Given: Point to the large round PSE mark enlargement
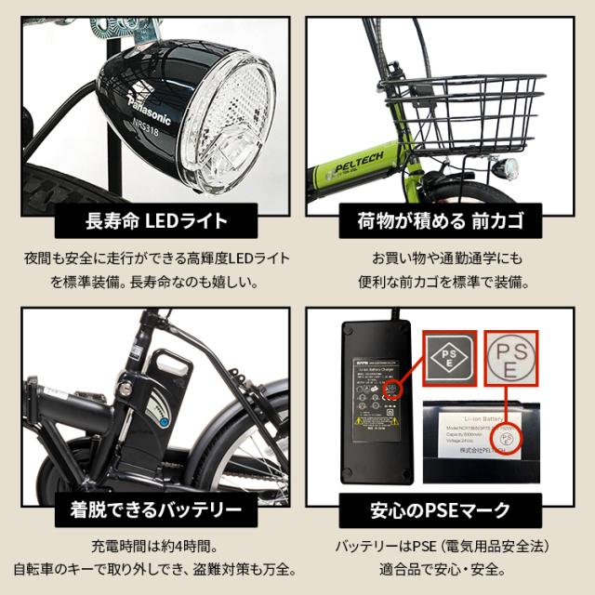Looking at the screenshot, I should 526,357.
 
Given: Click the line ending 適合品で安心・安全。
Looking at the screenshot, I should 442,568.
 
